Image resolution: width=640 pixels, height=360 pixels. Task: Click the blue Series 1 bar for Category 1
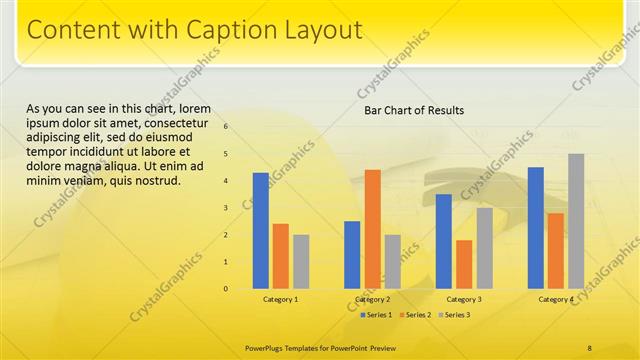261,230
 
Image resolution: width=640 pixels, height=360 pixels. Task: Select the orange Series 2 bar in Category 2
372,228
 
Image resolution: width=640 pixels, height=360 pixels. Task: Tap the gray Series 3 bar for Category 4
576,221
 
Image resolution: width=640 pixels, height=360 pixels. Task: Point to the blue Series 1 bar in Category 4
536,227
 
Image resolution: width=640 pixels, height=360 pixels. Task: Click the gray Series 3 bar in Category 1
301,261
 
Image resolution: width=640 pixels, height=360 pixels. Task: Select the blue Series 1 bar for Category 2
352,254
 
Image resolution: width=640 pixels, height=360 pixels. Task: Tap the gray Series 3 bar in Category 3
484,248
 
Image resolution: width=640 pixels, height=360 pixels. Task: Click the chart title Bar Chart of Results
414,110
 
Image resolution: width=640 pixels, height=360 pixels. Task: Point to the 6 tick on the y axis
226,126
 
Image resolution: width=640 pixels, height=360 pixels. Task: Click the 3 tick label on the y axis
226,208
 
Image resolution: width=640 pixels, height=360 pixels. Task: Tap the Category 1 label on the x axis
281,299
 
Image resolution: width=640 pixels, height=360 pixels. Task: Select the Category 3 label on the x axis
464,299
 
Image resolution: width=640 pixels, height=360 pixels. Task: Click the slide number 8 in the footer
590,347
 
